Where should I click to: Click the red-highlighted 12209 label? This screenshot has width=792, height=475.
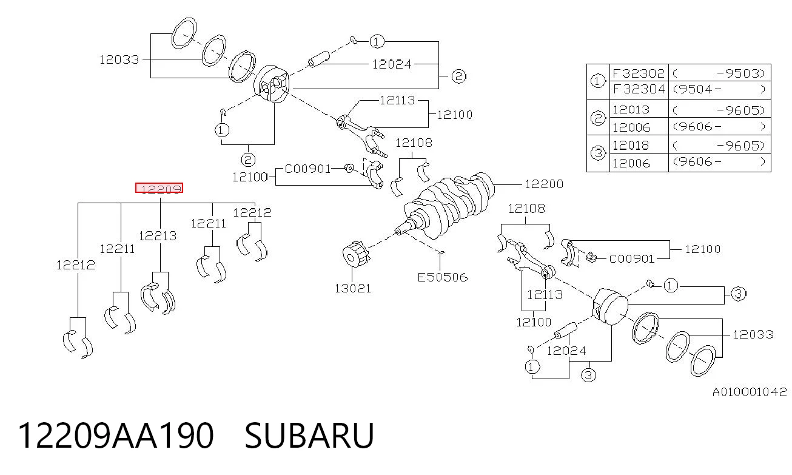tap(159, 188)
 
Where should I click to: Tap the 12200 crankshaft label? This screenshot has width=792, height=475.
tap(544, 184)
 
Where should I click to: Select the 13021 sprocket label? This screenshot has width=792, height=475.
tap(352, 289)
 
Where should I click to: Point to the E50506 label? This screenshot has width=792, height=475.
tap(442, 277)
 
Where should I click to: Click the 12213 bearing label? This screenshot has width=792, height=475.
tap(158, 236)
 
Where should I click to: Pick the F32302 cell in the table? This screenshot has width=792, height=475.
tap(639, 73)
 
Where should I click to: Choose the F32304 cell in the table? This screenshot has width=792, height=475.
tap(639, 89)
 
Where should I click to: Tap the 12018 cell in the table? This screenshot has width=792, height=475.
tap(631, 146)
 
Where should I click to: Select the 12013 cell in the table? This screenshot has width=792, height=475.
tap(631, 110)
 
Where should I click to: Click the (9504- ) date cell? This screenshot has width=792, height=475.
tap(719, 89)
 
